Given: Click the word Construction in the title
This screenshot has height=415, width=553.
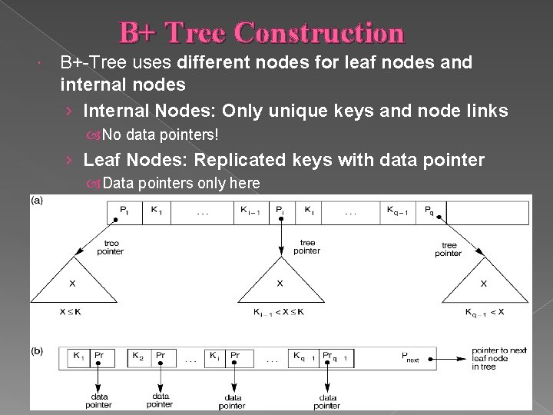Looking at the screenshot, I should pyautogui.click(x=319, y=33).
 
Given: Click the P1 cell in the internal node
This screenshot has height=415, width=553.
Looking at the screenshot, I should pyautogui.click(x=124, y=210).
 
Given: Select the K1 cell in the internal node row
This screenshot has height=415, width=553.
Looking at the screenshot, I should pyautogui.click(x=157, y=210).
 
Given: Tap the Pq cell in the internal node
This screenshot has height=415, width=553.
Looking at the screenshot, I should pyautogui.click(x=429, y=210).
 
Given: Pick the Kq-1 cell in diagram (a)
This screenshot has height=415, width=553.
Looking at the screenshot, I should pyautogui.click(x=398, y=210).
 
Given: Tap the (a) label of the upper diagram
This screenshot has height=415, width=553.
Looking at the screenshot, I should pyautogui.click(x=37, y=201).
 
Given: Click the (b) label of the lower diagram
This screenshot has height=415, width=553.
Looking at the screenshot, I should pyautogui.click(x=37, y=351).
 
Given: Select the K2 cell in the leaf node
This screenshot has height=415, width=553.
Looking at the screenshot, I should pyautogui.click(x=138, y=356).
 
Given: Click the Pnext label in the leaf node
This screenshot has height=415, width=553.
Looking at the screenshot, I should pyautogui.click(x=411, y=357).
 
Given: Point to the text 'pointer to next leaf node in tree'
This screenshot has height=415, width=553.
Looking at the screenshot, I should pyautogui.click(x=498, y=358).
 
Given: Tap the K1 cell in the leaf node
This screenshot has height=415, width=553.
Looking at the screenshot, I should pyautogui.click(x=79, y=356).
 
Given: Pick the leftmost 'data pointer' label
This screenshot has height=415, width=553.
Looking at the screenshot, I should pyautogui.click(x=99, y=400).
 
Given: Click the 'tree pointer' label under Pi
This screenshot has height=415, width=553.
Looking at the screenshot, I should pyautogui.click(x=306, y=246).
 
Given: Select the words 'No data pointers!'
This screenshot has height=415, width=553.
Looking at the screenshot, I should pyautogui.click(x=161, y=134).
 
